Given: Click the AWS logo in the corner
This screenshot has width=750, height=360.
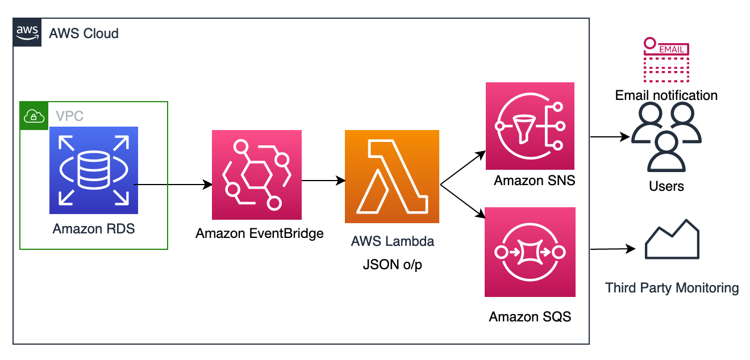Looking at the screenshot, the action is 27,32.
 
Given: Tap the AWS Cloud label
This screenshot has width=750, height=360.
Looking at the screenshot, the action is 84,34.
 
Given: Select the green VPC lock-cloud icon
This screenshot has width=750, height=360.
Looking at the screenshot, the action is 34,116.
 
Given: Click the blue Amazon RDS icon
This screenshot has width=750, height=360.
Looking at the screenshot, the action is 94,170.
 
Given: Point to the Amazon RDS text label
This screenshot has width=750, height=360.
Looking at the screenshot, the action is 94,229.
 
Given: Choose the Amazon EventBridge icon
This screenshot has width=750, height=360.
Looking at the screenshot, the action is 257,175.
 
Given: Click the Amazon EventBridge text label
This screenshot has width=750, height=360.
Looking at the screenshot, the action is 260,233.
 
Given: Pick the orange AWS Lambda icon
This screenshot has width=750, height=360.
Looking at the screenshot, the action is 392,177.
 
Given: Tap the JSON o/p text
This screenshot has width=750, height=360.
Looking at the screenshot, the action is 393,265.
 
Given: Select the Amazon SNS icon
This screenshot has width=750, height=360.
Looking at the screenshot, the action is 530,126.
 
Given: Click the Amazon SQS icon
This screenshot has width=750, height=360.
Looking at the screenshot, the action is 530,252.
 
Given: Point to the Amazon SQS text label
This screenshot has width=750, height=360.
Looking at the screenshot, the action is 530,316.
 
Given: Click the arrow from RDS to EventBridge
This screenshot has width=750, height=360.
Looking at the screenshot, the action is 173,185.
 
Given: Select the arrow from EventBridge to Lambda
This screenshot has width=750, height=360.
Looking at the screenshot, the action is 323,181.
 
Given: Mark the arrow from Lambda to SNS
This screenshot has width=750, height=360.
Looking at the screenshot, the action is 463,168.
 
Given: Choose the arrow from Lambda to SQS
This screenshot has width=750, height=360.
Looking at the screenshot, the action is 463,201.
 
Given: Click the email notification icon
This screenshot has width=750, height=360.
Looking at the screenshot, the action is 666,60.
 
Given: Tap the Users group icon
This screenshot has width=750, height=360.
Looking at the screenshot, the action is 666,137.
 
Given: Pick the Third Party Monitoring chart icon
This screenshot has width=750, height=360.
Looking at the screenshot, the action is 672,239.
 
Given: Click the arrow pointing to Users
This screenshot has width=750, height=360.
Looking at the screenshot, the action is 610,137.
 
